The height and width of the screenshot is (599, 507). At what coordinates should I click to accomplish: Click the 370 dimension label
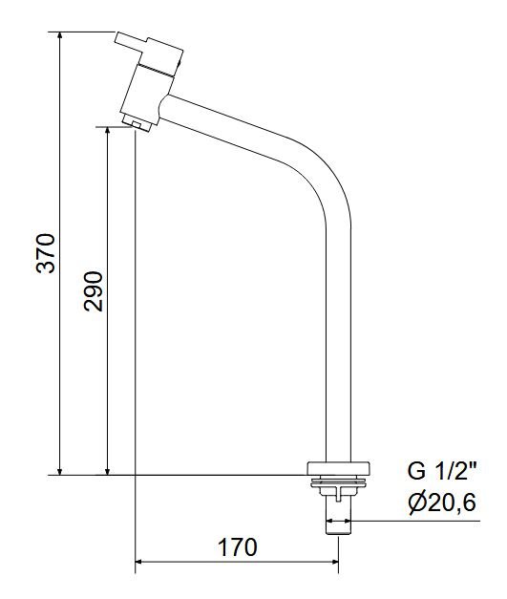[46, 253]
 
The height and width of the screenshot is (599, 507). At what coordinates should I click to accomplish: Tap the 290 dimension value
[94, 291]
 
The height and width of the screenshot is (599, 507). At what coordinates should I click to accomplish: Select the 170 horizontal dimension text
[238, 547]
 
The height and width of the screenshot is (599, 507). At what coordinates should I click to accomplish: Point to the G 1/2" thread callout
[442, 471]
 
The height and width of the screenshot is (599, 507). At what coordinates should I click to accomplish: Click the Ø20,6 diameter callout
[442, 503]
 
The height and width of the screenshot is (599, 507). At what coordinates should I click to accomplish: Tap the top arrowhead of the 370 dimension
[59, 36]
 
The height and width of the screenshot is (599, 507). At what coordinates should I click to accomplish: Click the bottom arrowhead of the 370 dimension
[59, 471]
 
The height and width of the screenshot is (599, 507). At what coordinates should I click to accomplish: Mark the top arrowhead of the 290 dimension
[108, 131]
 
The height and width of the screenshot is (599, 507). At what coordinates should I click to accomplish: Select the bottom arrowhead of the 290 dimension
[108, 471]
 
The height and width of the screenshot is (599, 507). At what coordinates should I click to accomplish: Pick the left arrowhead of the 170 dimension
[139, 562]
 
